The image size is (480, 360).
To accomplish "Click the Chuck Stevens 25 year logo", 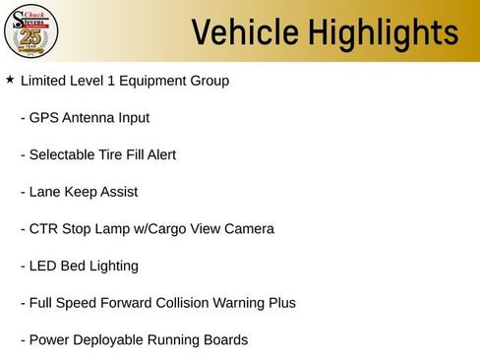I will click(31, 31).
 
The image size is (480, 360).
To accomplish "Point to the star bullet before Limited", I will click(10, 79).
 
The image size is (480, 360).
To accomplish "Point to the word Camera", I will click(247, 229).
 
